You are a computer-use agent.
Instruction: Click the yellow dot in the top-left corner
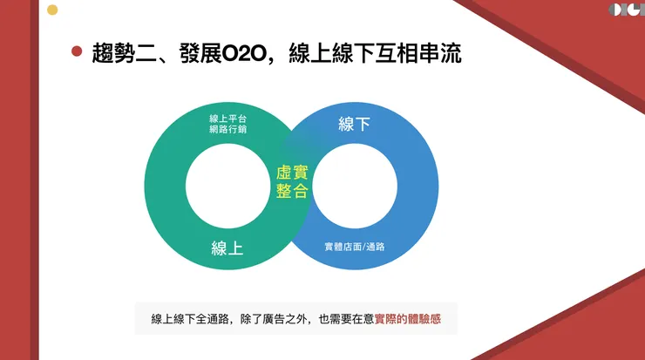52,10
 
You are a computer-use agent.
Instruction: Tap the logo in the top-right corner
626,10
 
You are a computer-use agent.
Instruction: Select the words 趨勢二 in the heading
119,52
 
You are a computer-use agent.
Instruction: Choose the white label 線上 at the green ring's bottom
227,248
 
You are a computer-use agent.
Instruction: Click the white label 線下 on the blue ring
354,125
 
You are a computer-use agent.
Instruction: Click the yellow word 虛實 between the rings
292,173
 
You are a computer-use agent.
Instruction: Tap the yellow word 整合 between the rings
292,192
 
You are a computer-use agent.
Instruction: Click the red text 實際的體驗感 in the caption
408,319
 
